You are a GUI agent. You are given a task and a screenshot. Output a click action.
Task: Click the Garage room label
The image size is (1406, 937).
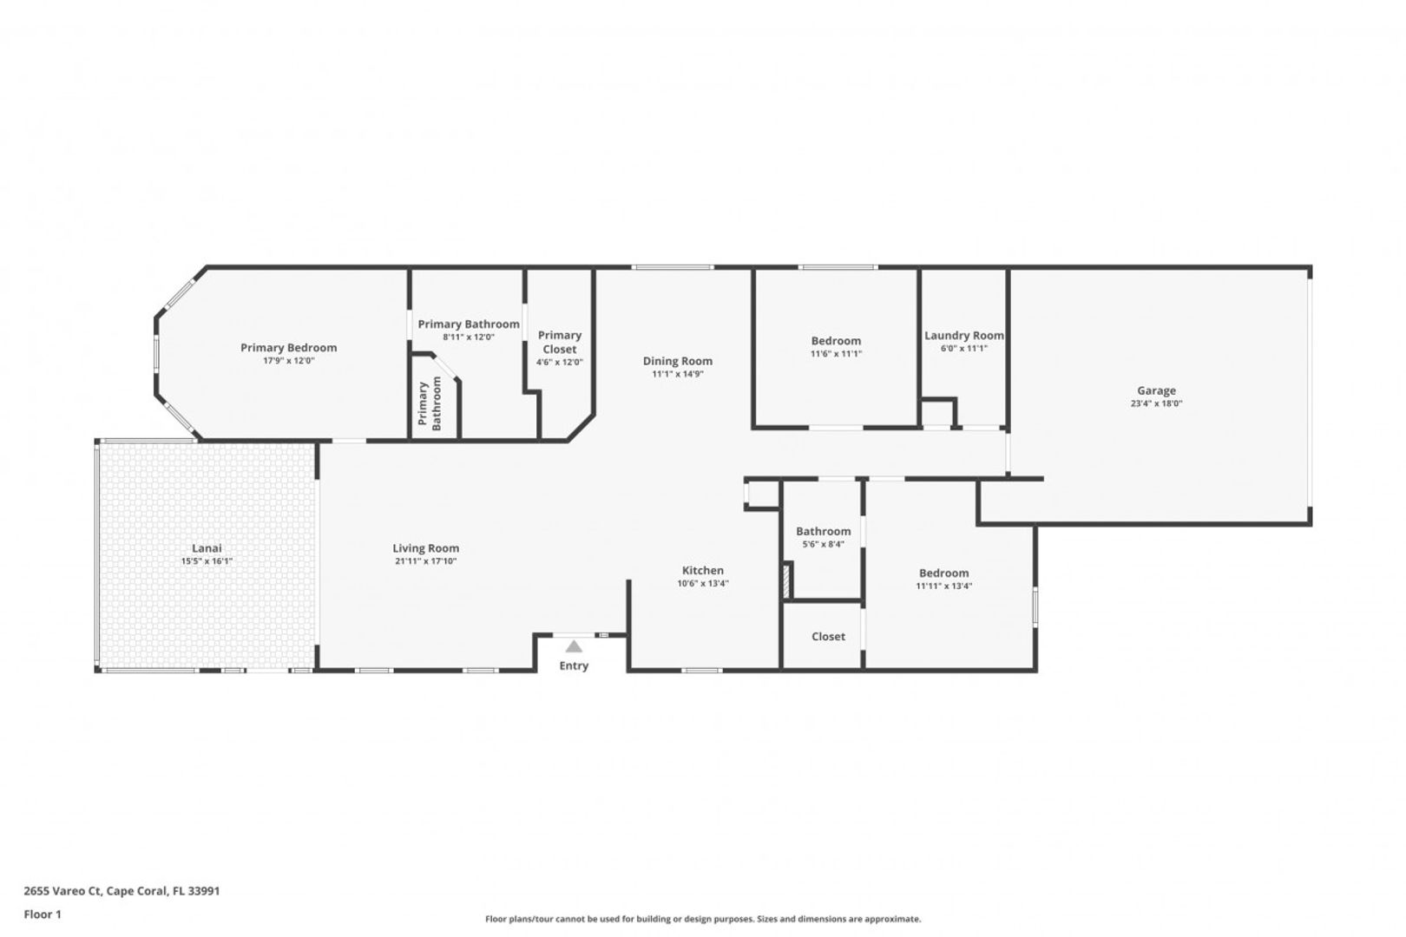[x=1156, y=390]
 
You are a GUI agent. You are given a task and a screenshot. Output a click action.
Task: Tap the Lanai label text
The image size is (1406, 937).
[x=207, y=548]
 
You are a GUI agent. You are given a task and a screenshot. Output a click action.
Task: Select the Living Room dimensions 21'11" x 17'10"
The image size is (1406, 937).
[x=425, y=561]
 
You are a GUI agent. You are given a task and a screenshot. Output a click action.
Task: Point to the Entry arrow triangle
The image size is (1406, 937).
[x=574, y=646]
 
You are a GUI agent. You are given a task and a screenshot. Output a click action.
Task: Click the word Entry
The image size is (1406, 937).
[x=574, y=666]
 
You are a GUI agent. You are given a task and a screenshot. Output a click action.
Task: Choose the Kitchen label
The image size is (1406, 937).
[x=703, y=570]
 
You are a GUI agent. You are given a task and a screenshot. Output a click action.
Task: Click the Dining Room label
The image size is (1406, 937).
[x=677, y=361]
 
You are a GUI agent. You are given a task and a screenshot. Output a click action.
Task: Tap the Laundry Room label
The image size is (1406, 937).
[x=964, y=336]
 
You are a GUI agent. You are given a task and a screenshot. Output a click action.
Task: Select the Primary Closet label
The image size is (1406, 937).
[x=559, y=342]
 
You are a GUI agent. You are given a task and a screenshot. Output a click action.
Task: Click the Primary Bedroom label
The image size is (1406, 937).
[x=289, y=348]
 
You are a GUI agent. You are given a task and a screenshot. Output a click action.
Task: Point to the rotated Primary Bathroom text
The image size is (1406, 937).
[x=430, y=403]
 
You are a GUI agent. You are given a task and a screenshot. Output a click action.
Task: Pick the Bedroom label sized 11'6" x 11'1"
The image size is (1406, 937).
[x=836, y=341]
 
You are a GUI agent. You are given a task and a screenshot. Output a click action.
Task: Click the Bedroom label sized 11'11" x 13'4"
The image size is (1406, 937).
[x=944, y=573]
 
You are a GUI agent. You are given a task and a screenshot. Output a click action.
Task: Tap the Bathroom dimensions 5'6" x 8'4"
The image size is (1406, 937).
[x=824, y=545]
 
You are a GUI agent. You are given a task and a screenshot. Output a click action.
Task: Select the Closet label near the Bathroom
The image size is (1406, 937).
[x=829, y=637]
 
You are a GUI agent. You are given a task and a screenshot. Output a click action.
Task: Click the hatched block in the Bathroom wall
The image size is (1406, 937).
[x=785, y=582]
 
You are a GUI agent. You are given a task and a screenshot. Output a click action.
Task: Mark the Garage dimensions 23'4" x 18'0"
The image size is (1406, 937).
[x=1156, y=403]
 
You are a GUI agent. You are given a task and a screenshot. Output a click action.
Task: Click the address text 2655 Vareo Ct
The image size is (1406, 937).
[x=62, y=890]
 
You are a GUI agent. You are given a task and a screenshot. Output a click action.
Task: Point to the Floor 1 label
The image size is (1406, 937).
[x=43, y=914]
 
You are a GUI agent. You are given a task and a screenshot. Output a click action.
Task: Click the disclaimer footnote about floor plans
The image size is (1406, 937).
[x=703, y=919]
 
